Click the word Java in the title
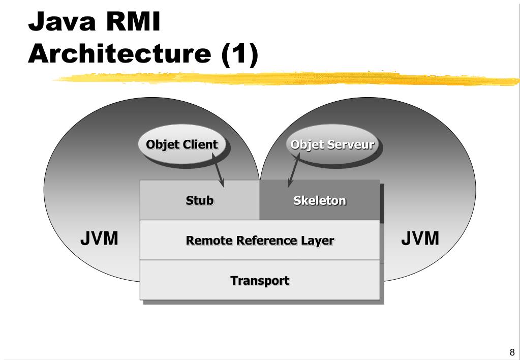pyautogui.click(x=62, y=21)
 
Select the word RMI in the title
pyautogui.click(x=133, y=21)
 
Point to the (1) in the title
pyautogui.click(x=240, y=54)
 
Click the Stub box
pyautogui.click(x=200, y=200)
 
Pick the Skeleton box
pyautogui.click(x=320, y=200)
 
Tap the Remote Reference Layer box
pyautogui.click(x=260, y=240)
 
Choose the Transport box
pyautogui.click(x=260, y=280)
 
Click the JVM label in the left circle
pyautogui.click(x=99, y=238)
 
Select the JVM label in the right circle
pyautogui.click(x=420, y=238)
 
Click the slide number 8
pyautogui.click(x=512, y=352)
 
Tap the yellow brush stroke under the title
pyautogui.click(x=287, y=79)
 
